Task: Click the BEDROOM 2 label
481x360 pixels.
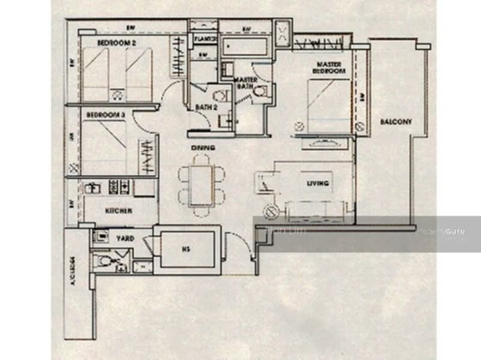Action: click(117, 43)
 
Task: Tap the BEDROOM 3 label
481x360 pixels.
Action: click(105, 114)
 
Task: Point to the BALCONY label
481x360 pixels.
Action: click(396, 122)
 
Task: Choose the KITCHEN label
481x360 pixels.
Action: click(118, 211)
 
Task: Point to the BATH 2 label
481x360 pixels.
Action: click(206, 108)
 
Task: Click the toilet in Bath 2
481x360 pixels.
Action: click(221, 95)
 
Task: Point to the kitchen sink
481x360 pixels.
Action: click(93, 188)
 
